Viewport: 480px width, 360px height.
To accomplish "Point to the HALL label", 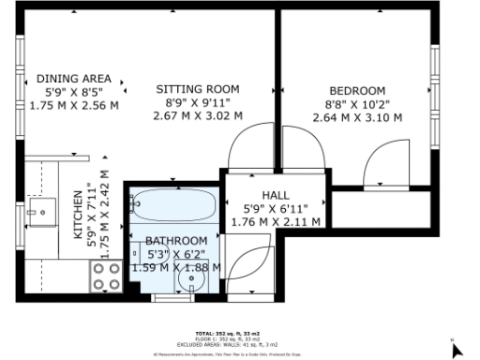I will click(x=276, y=194).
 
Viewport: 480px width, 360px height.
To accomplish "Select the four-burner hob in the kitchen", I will click(x=105, y=276).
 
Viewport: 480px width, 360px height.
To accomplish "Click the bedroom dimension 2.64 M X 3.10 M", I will click(x=357, y=117).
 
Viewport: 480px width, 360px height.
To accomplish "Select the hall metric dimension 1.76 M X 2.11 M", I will click(x=276, y=222).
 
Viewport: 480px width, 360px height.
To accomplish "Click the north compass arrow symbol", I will click(x=457, y=350).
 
